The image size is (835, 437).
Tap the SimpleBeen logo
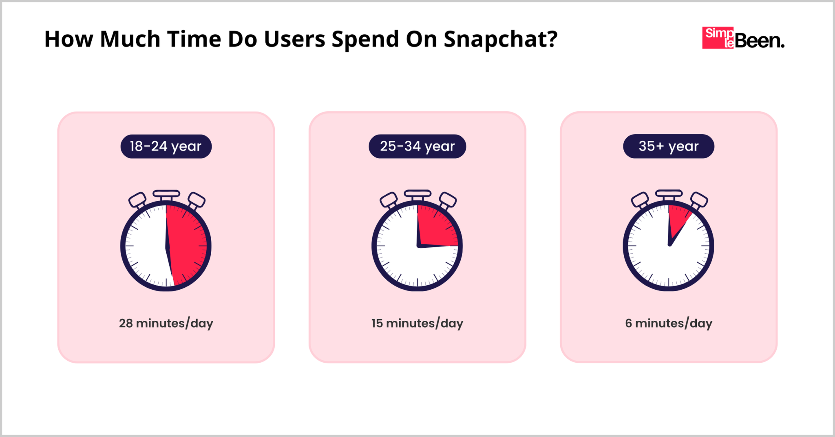(743, 38)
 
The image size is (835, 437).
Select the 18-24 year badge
(166, 146)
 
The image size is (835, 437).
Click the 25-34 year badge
(417, 146)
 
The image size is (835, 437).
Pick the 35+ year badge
(668, 146)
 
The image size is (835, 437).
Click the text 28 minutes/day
(166, 323)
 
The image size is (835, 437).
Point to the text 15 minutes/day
(417, 323)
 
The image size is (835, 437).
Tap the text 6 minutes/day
(668, 323)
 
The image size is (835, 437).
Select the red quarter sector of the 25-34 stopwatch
(434, 228)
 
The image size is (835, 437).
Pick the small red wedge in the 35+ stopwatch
(677, 218)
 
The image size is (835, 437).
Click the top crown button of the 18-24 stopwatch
(166, 194)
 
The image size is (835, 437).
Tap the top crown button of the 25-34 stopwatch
(417, 194)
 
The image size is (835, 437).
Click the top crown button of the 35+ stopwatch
(669, 194)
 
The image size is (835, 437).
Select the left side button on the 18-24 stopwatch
(137, 200)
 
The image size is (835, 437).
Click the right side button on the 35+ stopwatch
(699, 200)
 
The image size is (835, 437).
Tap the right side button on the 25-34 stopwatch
(448, 200)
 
